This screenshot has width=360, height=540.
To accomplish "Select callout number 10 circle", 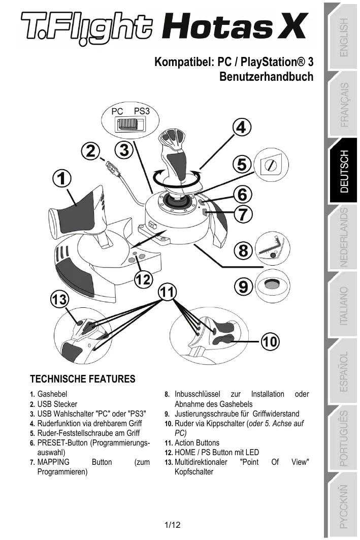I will pyautogui.click(x=270, y=342).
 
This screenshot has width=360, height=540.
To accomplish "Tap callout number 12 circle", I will pyautogui.click(x=143, y=279).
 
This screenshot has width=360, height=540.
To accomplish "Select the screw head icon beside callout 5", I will pyautogui.click(x=269, y=164).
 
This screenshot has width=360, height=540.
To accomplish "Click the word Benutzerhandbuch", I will pyautogui.click(x=266, y=77).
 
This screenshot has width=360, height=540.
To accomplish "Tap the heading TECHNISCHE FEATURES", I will pyautogui.click(x=83, y=379).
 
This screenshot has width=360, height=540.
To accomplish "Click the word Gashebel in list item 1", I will pyautogui.click(x=52, y=394).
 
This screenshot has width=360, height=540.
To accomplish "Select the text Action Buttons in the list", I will pyautogui.click(x=197, y=443).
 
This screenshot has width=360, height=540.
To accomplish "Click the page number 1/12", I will pyautogui.click(x=172, y=525).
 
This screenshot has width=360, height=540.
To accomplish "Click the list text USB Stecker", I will pyautogui.click(x=57, y=404).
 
